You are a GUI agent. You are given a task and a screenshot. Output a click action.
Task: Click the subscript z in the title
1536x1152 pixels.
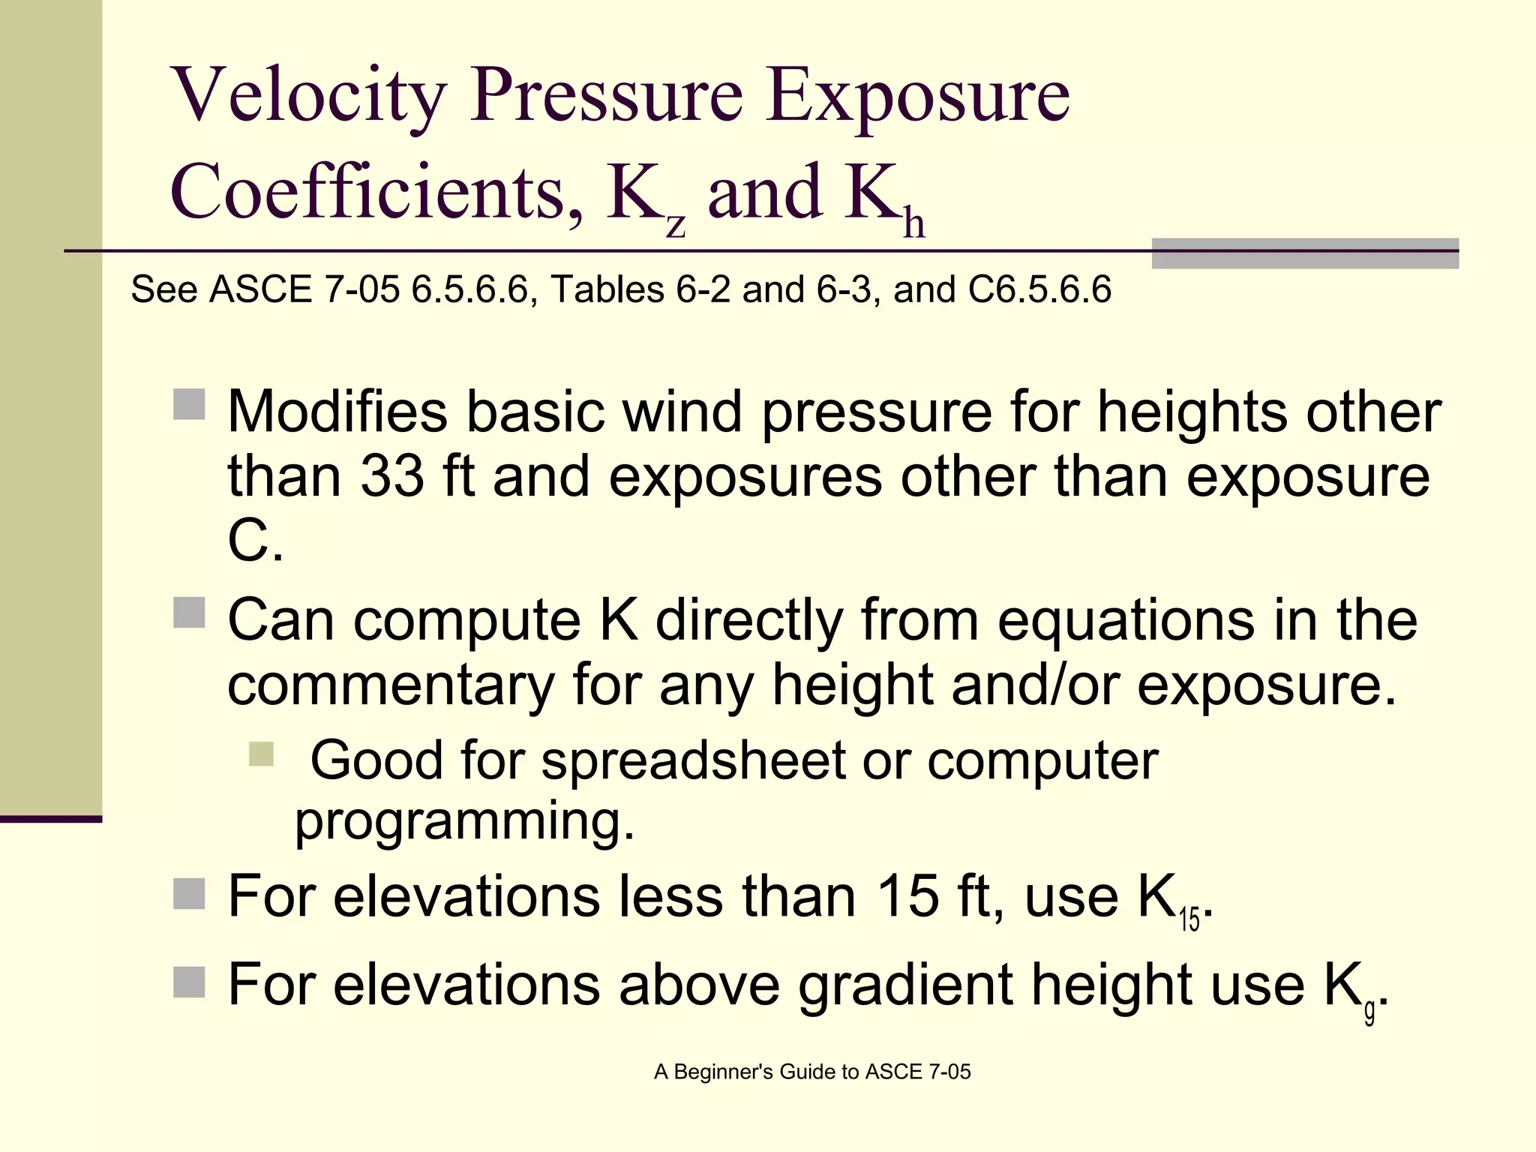(676, 224)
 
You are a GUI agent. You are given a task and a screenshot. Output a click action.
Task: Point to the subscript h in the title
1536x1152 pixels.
(913, 223)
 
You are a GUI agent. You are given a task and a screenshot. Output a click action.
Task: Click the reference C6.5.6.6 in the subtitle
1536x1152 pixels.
(1039, 289)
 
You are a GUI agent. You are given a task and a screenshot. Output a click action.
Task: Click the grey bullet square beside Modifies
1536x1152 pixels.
(189, 404)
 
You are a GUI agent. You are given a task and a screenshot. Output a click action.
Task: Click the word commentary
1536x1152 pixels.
(391, 684)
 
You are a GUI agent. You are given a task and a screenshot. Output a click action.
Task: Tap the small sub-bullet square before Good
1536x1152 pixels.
(262, 754)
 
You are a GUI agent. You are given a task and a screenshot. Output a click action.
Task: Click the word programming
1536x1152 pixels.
(464, 821)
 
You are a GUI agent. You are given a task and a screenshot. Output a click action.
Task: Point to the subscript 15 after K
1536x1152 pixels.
(1189, 919)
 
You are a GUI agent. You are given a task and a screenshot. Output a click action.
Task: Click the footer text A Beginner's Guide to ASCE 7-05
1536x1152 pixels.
(812, 1072)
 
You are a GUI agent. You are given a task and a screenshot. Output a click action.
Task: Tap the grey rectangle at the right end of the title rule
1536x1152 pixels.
(1305, 253)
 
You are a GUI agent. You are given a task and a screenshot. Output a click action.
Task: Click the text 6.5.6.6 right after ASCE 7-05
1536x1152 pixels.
(469, 289)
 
